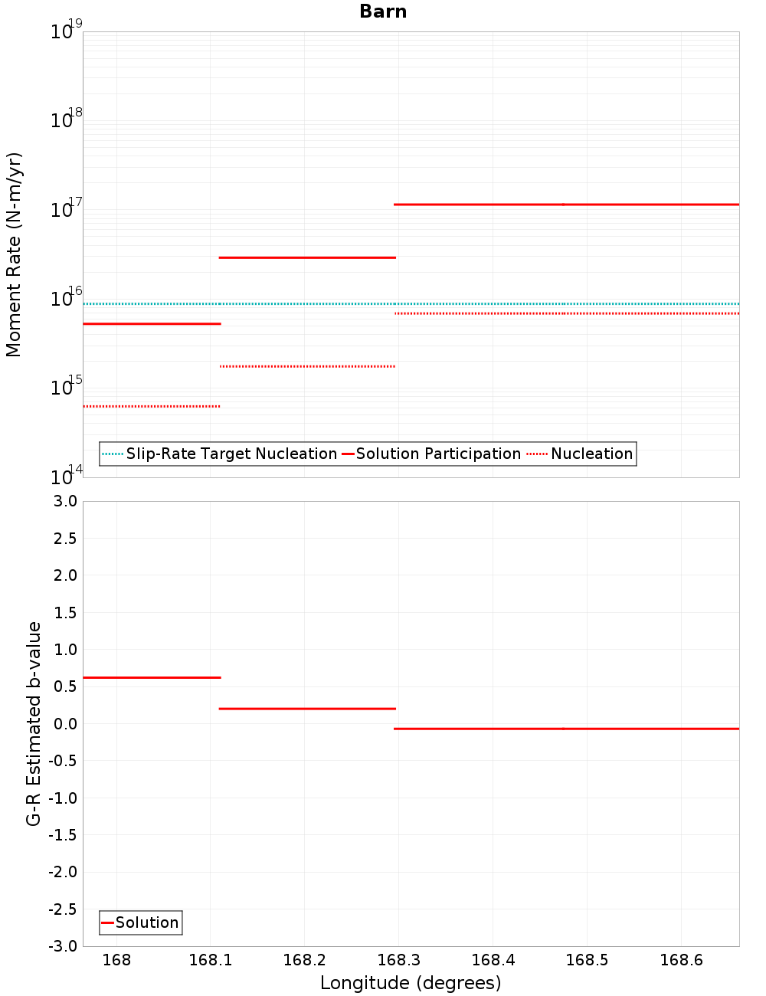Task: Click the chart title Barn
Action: (x=383, y=11)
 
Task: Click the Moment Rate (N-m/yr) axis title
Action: (x=14, y=254)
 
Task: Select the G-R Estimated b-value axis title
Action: (x=34, y=723)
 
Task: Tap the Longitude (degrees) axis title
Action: (x=411, y=983)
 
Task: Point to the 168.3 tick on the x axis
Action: (x=398, y=960)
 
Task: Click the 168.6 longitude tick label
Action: (x=681, y=960)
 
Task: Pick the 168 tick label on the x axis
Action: (x=116, y=960)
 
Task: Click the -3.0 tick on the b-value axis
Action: (x=63, y=946)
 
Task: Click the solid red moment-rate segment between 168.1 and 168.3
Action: (x=307, y=257)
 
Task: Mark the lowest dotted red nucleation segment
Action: (x=152, y=406)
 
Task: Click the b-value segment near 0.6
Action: (x=152, y=677)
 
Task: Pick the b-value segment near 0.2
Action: (x=307, y=709)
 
